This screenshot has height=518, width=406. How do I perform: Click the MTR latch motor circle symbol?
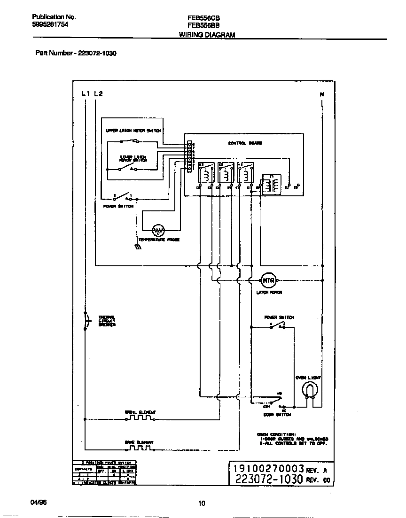point(268,280)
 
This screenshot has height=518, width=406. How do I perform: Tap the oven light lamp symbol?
point(309,389)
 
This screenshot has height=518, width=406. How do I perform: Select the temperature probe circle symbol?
point(158,230)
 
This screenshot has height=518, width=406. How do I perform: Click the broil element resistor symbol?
point(141,417)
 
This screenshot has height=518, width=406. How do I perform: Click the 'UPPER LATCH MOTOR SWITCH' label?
point(133,131)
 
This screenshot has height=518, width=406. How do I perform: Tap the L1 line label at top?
point(85,93)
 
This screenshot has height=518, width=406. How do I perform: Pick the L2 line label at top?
point(98,93)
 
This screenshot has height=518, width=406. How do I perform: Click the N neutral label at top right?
point(322,95)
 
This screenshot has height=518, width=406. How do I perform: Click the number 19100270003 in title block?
point(266,469)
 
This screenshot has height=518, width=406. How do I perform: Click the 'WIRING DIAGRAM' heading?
point(207,35)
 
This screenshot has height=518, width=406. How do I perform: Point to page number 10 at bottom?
point(202,504)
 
